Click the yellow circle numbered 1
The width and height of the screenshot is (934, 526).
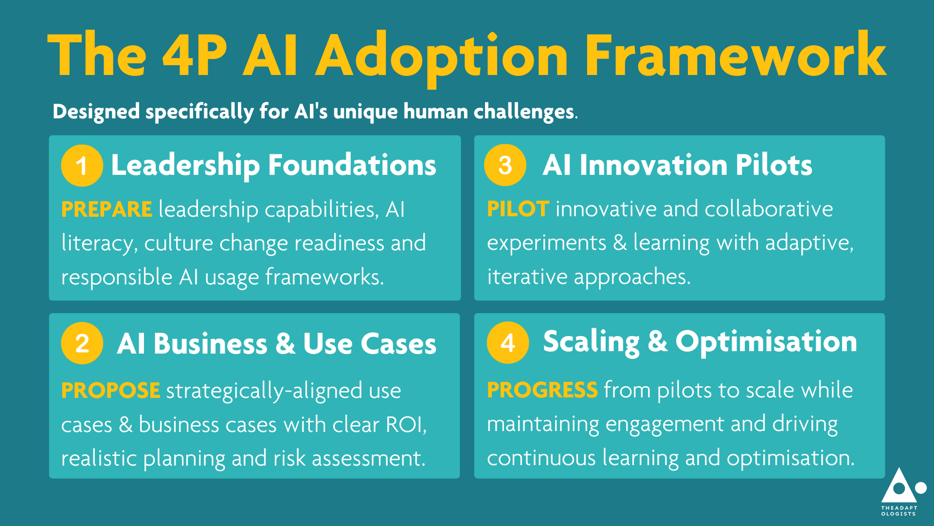[x=82, y=166]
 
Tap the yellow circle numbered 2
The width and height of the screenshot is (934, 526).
[x=82, y=343]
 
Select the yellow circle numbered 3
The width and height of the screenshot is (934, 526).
[x=505, y=165]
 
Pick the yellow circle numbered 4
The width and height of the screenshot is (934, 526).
[x=508, y=342]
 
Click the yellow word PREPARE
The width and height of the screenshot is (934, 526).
[x=107, y=209]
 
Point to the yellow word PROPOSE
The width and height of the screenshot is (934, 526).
[x=110, y=391]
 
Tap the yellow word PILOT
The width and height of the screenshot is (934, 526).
[x=518, y=209]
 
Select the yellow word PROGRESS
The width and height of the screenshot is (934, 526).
[x=542, y=390]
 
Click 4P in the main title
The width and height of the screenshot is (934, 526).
[x=195, y=56]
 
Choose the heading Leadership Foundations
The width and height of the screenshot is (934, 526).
[x=273, y=165]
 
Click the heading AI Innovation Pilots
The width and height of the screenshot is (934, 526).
[x=677, y=165]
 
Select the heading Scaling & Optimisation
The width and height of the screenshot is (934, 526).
[x=700, y=342]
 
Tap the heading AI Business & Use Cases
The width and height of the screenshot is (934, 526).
[x=276, y=344]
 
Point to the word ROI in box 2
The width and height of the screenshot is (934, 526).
[x=406, y=425]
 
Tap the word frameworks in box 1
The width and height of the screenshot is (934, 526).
[x=324, y=277]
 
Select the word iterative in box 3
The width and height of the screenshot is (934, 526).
[x=527, y=277]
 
